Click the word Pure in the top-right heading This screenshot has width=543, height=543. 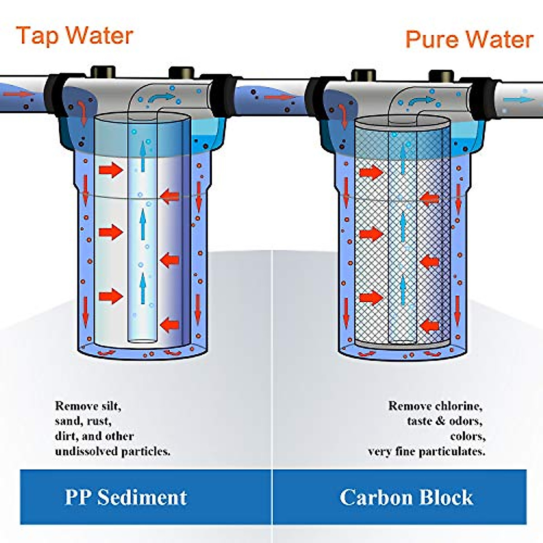[x=430, y=39]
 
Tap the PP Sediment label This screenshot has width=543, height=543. [x=126, y=497]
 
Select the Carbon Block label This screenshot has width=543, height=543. [x=406, y=497]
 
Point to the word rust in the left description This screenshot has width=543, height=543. [x=99, y=421]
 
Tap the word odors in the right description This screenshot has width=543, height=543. [x=466, y=421]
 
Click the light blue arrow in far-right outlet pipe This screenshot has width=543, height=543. [x=525, y=100]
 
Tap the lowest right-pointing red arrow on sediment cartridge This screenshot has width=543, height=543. [x=111, y=297]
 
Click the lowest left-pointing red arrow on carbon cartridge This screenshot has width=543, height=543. [x=429, y=326]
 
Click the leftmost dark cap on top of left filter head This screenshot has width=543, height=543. [x=103, y=71]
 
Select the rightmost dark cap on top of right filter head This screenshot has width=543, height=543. [x=441, y=75]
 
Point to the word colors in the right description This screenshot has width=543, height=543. [x=468, y=436]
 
